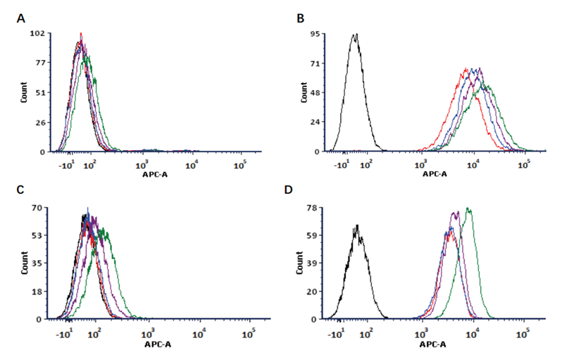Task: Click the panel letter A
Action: pos(21,18)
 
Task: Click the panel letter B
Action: pos(301,18)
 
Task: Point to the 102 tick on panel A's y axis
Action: pos(39,33)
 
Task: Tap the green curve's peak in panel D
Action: pos(468,209)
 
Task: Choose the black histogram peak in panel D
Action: pos(358,225)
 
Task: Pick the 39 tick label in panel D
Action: pos(317,263)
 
